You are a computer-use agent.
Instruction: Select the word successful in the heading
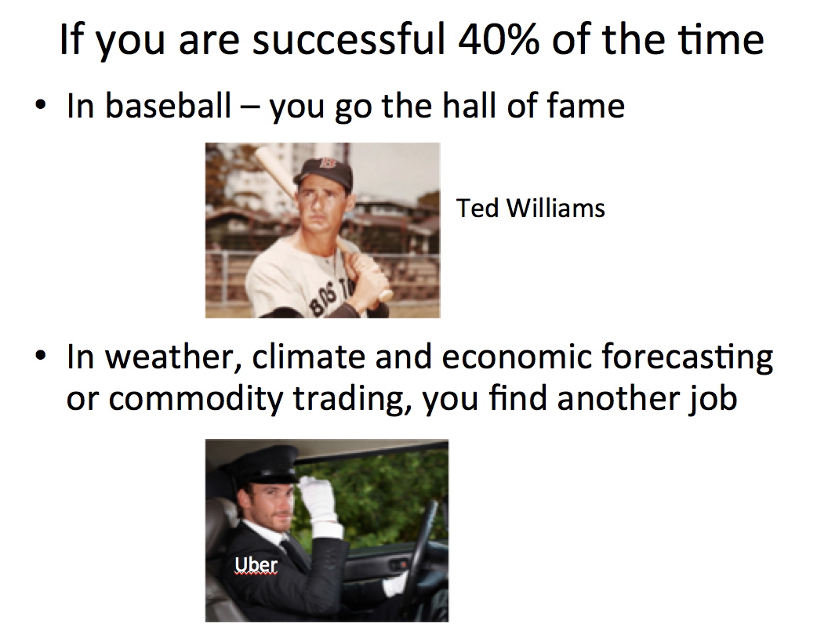coord(349,39)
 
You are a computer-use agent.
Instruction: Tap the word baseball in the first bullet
coord(169,106)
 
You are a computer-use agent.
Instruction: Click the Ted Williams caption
coord(531,208)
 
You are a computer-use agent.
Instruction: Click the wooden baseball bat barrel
coord(274,169)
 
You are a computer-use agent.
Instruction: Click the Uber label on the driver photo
coord(256,564)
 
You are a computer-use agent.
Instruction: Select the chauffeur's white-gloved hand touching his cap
coord(319,500)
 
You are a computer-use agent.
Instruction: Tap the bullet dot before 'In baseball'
coord(40,105)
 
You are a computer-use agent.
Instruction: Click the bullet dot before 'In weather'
coord(40,356)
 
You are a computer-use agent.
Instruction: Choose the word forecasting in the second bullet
coord(688,358)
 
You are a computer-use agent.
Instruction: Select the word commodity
coord(195,400)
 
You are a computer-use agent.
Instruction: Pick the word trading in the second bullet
coord(349,400)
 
